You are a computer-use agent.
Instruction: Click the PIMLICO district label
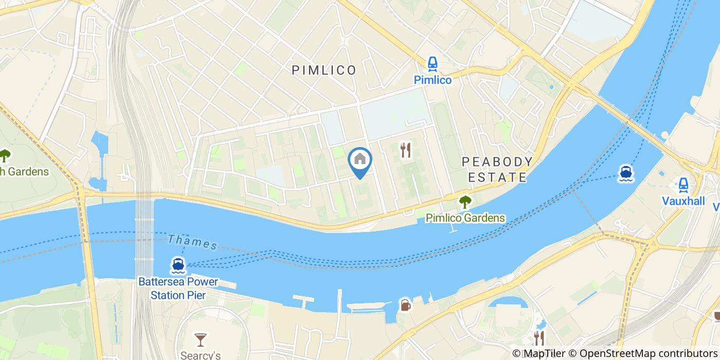coord(324,70)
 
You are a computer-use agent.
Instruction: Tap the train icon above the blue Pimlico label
coord(433,64)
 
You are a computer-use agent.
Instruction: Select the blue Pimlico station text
coord(433,80)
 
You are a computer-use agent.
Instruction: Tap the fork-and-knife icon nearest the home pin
coord(406,150)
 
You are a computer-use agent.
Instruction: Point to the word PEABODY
coord(497,162)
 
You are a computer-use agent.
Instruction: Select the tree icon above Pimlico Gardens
coord(465,202)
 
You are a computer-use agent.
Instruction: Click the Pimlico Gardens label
coord(465,218)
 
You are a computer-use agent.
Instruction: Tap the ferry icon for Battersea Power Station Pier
coord(178,265)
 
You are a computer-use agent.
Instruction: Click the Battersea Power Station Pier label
coord(178,289)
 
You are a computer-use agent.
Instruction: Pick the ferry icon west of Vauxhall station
coord(625,173)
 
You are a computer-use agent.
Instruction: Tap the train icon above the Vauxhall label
coord(683,184)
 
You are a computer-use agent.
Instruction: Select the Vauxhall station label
coord(683,201)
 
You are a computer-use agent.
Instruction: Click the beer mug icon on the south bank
coord(405,305)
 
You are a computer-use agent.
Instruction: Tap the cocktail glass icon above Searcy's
coord(201,339)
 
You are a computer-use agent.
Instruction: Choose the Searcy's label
coord(201,355)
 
